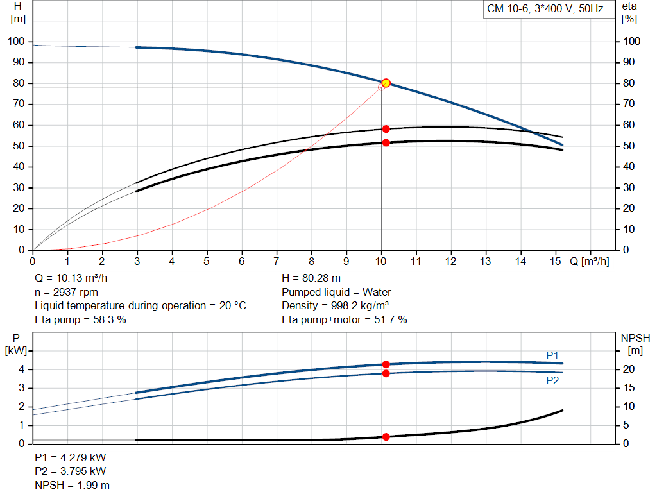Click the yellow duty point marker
click(386, 83)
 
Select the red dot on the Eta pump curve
click(386, 129)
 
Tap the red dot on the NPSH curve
click(386, 437)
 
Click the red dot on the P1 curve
click(386, 364)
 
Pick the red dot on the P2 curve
click(386, 373)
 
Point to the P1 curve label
click(552, 355)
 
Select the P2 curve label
click(552, 380)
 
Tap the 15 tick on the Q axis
click(556, 261)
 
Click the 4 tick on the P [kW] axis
click(21, 369)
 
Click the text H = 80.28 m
click(311, 278)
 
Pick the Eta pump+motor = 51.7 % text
click(345, 319)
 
